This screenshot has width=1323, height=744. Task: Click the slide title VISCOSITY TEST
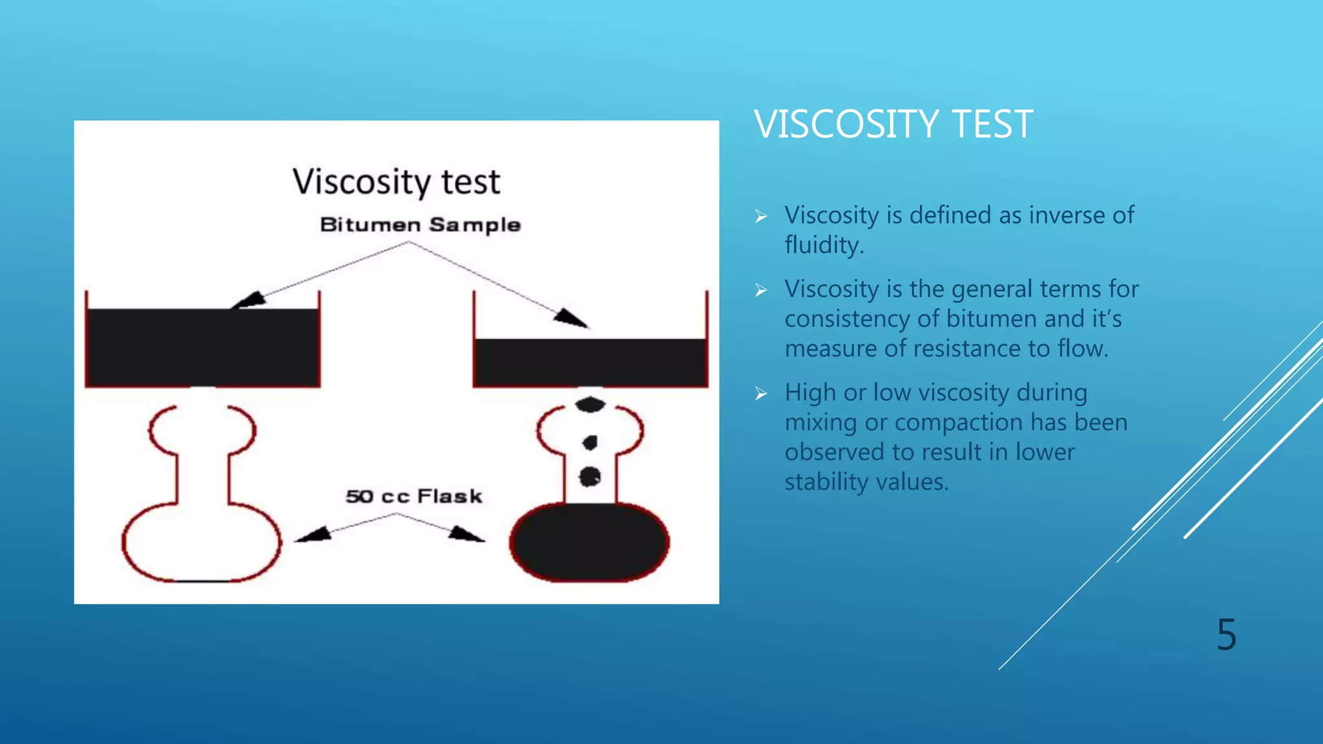[x=893, y=124]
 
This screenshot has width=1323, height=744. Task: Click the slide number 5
[x=1226, y=635]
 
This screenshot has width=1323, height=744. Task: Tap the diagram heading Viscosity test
[x=396, y=181]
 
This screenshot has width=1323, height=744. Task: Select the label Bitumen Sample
[x=420, y=225]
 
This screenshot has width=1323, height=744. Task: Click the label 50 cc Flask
[x=413, y=497]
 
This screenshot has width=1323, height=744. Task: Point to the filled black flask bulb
[x=589, y=542]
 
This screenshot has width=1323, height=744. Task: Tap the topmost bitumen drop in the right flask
[x=590, y=405]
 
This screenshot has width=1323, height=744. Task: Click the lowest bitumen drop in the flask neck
[x=590, y=477]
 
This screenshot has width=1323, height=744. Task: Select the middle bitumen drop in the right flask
[x=590, y=442]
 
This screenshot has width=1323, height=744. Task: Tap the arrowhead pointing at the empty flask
[x=314, y=534]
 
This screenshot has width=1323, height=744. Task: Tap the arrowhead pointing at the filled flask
[x=465, y=534]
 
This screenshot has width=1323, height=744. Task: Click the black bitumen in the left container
[x=202, y=347]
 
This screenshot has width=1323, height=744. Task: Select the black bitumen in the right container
[x=590, y=362]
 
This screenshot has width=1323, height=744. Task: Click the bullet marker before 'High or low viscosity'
[x=761, y=393]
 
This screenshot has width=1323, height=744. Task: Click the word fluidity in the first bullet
[x=823, y=245]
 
